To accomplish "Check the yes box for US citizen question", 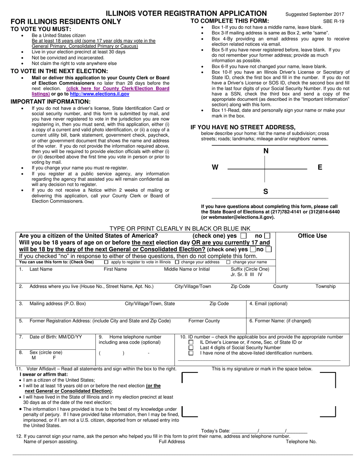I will point(243,236).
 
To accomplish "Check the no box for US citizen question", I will point(267,236).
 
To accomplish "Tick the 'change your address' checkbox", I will point(177,262).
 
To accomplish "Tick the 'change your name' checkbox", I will point(228,262).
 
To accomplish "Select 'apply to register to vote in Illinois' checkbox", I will point(106,262).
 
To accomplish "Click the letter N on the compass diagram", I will point(266,151).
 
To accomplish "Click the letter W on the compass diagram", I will point(215,167).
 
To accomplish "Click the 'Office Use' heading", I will point(312,236).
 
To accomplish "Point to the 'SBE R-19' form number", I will point(333,21).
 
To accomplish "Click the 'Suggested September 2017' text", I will point(315,14).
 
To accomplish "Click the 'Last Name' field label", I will point(41,269).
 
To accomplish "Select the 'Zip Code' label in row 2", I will point(240,286).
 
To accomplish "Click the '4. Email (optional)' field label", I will point(268,303).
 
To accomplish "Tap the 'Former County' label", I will point(204,321).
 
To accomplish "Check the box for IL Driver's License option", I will point(191,342).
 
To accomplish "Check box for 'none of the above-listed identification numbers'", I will point(191,353).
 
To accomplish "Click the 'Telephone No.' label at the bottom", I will point(301,441).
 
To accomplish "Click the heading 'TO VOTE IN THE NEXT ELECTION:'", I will point(59,71).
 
